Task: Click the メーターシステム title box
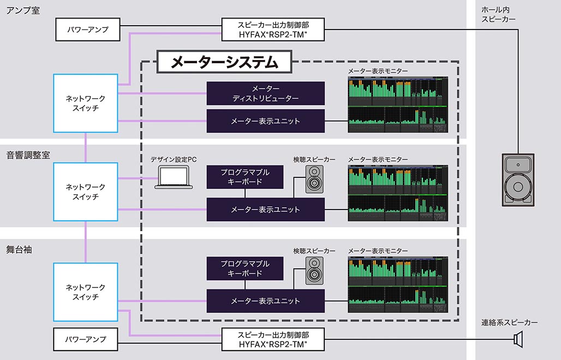224,62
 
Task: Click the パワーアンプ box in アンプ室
87,29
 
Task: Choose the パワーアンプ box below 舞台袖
87,339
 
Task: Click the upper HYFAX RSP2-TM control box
273,29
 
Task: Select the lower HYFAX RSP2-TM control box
273,339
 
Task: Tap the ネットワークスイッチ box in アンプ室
86,103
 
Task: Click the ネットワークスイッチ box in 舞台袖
86,292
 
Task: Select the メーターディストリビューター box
265,93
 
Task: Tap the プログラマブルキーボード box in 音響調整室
245,177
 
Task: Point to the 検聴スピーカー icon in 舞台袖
314,271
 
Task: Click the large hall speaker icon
518,179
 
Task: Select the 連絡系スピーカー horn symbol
518,340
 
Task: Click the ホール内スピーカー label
498,15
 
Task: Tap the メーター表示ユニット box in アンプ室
265,121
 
